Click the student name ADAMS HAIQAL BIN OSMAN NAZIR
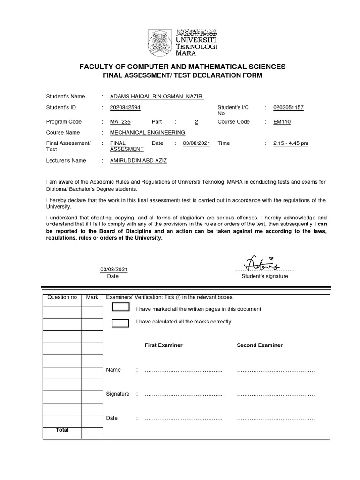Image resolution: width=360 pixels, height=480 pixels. pos(150,97)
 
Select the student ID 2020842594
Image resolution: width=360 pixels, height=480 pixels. pos(125,107)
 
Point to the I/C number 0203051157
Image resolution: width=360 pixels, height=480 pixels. pos(288,107)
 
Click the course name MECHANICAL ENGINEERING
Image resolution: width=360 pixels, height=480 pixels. pos(147,133)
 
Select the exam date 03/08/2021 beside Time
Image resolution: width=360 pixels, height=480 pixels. pos(196,143)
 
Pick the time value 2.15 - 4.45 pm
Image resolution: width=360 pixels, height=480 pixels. pos(291,143)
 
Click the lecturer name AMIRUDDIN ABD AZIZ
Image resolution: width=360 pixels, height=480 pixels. pos(138,161)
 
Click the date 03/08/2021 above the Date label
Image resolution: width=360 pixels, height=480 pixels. pos(113,270)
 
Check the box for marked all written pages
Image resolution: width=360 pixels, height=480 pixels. pos(121,307)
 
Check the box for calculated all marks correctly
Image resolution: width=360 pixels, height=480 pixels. pos(121,322)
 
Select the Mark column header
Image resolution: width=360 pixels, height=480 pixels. pos(92,298)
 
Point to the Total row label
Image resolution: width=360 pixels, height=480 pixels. pos(62,430)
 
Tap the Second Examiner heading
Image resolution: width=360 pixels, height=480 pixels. pos(260,345)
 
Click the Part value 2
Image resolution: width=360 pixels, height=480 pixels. pos(196,122)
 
